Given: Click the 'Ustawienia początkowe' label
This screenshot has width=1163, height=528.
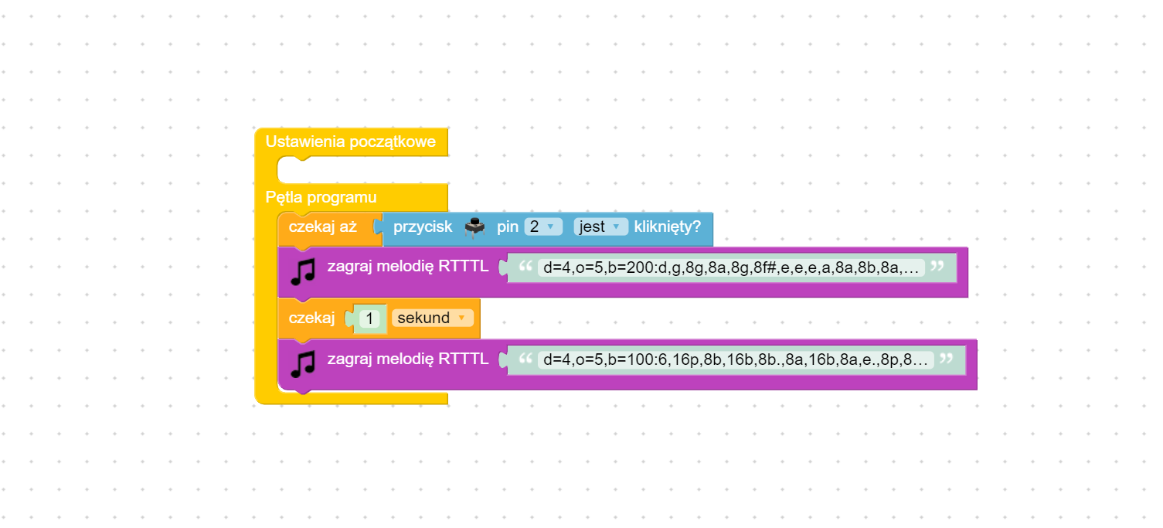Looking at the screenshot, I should pyautogui.click(x=350, y=142).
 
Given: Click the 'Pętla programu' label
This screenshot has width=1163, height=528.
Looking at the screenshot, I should pyautogui.click(x=321, y=197).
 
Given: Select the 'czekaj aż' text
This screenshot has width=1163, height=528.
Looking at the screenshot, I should pyautogui.click(x=322, y=227).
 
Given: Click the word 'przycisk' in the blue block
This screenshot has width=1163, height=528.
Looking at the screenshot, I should pyautogui.click(x=423, y=227).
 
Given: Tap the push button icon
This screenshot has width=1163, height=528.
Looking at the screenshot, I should pyautogui.click(x=474, y=227).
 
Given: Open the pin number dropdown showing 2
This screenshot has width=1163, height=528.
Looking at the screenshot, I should pyautogui.click(x=543, y=227).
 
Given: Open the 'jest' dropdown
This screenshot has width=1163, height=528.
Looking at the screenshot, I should pyautogui.click(x=600, y=227).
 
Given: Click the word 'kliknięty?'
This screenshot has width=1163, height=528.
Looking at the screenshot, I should pyautogui.click(x=667, y=227).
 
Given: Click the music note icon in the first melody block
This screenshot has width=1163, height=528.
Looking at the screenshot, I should pyautogui.click(x=303, y=271).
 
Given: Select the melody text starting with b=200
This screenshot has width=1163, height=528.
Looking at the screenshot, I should pyautogui.click(x=730, y=268).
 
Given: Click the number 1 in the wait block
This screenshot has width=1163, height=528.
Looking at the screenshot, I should pyautogui.click(x=369, y=319).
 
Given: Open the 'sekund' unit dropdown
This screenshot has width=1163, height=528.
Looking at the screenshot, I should pyautogui.click(x=432, y=319).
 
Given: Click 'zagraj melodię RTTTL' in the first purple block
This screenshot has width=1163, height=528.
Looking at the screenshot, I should pyautogui.click(x=407, y=267).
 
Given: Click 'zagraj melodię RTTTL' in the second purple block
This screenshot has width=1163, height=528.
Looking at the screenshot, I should pyautogui.click(x=407, y=359).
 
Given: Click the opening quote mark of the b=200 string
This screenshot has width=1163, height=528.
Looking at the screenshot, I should pyautogui.click(x=525, y=267).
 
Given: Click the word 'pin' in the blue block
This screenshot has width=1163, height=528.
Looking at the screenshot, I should pyautogui.click(x=507, y=227).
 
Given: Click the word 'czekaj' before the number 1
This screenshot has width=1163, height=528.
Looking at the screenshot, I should pyautogui.click(x=311, y=319).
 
